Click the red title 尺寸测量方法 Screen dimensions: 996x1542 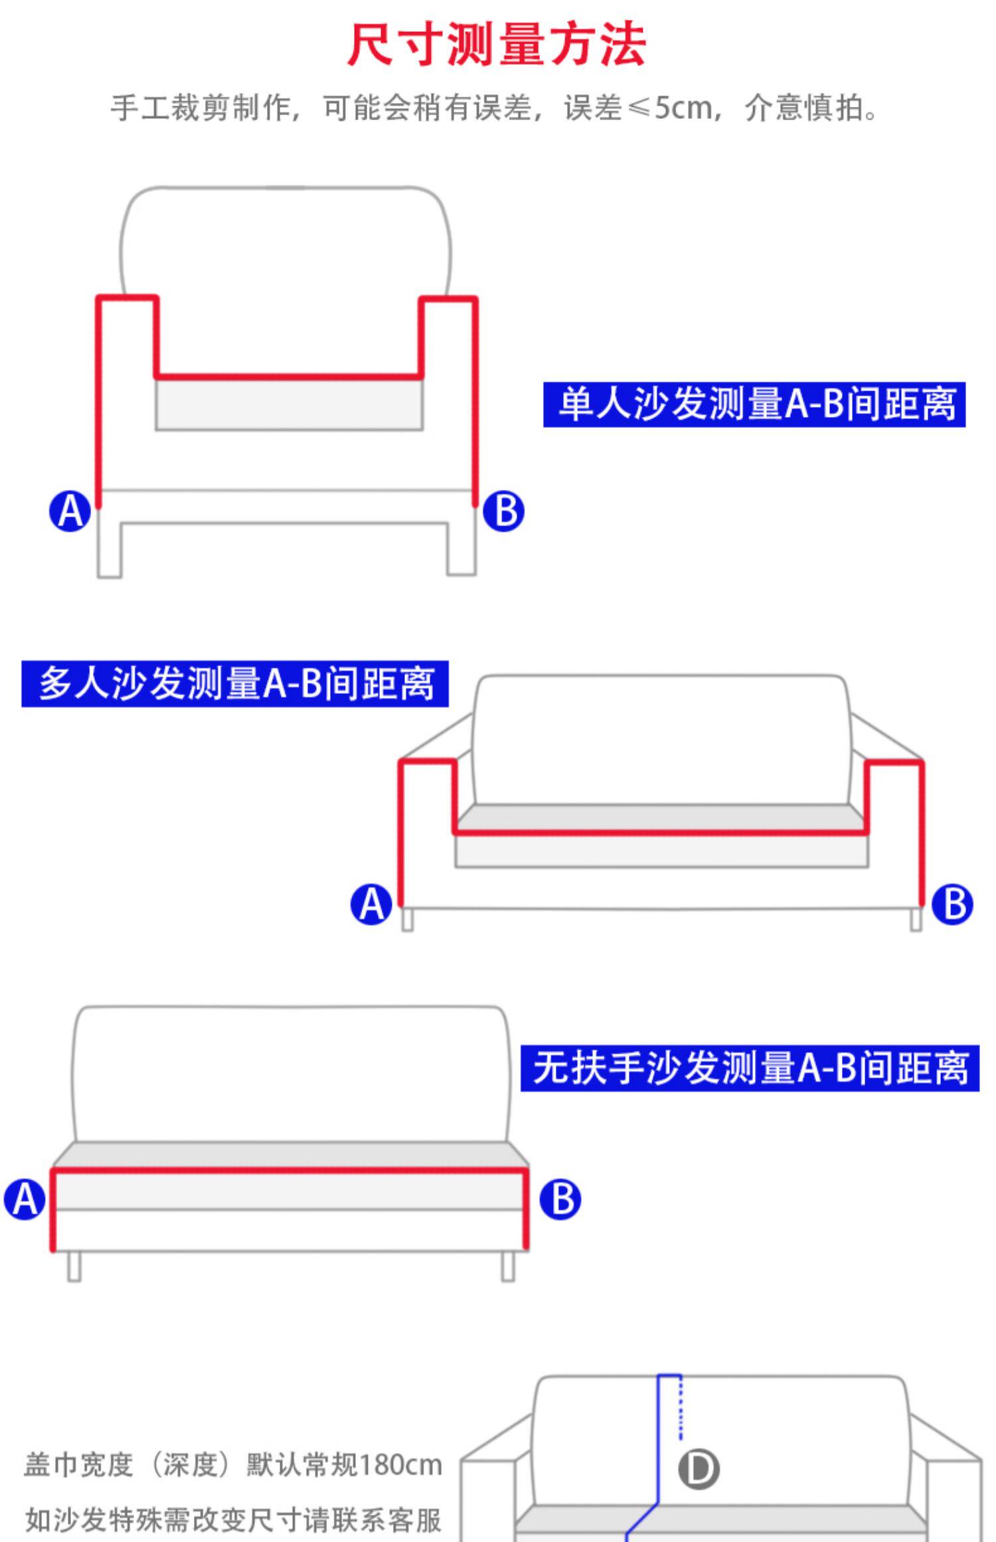[497, 45]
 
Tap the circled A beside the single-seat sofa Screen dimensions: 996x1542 [70, 511]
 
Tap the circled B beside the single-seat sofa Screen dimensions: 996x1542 [503, 511]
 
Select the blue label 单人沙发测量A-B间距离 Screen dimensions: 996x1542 [754, 404]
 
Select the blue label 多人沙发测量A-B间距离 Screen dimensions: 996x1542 [234, 683]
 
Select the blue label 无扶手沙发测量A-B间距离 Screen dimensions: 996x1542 [749, 1069]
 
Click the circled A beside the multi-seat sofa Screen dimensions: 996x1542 [371, 904]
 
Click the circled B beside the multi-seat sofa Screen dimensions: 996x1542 [952, 904]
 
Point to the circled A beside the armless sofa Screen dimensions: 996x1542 [25, 1200]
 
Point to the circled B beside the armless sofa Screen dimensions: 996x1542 [560, 1199]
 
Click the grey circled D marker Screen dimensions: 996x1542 [699, 1469]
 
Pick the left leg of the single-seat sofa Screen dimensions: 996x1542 [110, 550]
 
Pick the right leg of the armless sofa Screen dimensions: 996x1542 [508, 1266]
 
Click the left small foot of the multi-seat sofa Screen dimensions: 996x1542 [408, 920]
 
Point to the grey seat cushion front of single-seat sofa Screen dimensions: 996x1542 [289, 405]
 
